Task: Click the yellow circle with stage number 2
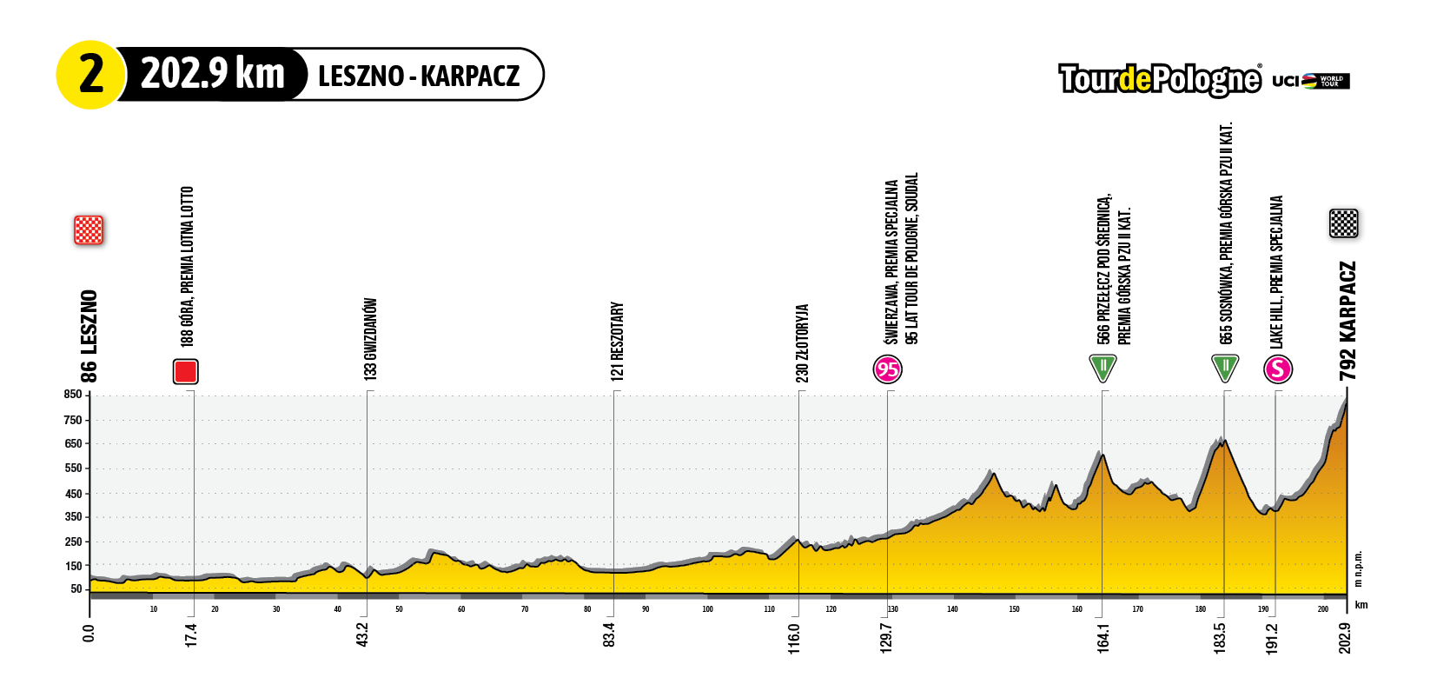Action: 90,75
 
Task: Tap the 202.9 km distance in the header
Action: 213,74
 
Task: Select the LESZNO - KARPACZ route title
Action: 418,76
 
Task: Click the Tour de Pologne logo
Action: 1159,79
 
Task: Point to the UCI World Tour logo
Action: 1311,81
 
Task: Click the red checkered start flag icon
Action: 89,229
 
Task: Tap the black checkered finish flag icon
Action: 1343,223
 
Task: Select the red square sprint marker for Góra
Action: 185,371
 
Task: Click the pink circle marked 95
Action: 887,369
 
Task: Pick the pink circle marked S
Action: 1277,369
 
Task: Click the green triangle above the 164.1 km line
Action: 1103,367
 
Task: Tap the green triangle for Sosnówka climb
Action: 1224,367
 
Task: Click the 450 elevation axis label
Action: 73,494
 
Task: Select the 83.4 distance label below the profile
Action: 610,635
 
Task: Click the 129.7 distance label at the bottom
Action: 886,636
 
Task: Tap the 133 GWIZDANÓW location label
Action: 370,339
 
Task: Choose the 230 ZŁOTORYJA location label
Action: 802,342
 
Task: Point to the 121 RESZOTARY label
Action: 617,341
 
